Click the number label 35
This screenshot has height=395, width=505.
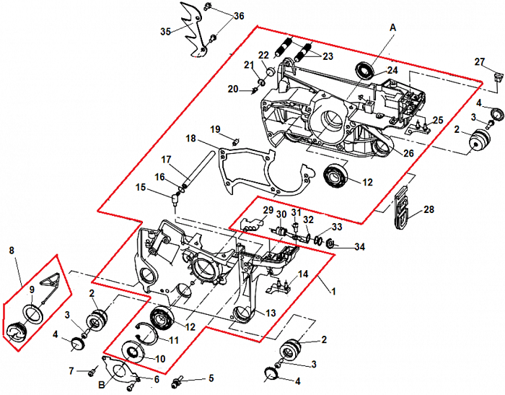(166, 31)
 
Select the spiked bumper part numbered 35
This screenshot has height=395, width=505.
(193, 32)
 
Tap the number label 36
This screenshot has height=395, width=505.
(239, 16)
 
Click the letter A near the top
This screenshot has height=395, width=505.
(392, 26)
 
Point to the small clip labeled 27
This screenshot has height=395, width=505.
(497, 75)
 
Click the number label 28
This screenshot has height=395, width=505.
(429, 210)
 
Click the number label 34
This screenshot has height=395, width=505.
(359, 246)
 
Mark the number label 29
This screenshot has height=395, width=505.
(267, 210)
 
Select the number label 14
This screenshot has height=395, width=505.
(303, 274)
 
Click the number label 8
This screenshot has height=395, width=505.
(11, 251)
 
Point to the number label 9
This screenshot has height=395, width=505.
(31, 290)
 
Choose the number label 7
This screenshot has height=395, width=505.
(71, 371)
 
